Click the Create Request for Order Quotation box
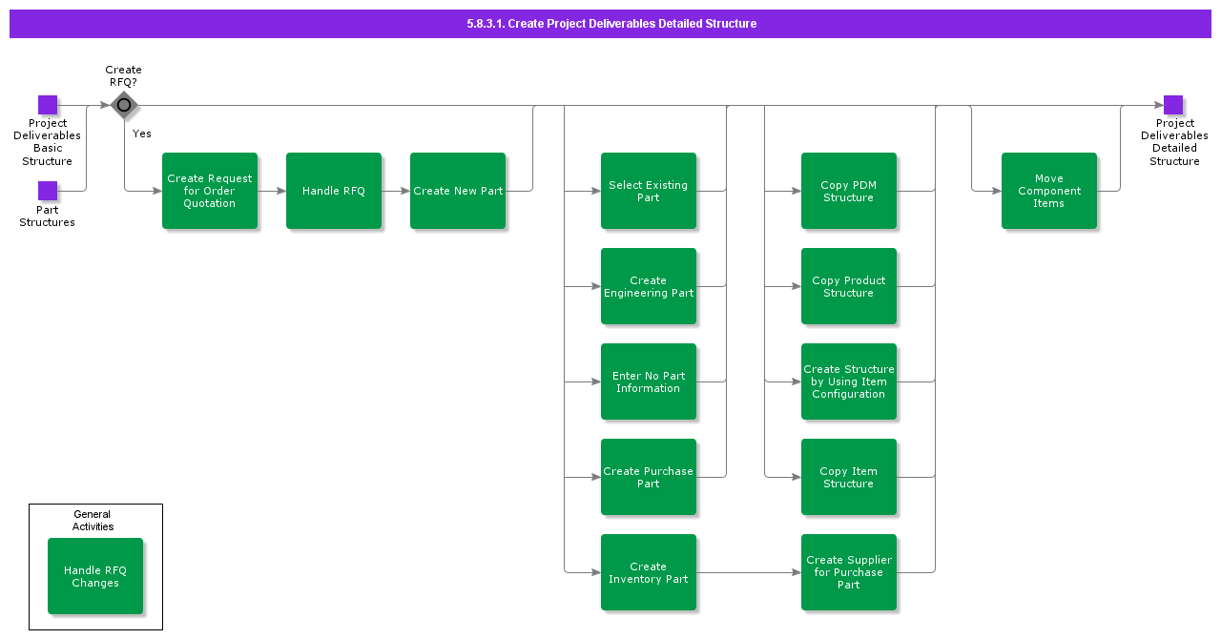point(210,191)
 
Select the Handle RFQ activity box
point(334,191)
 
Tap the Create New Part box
point(458,191)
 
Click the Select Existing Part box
point(649,191)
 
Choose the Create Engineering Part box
point(649,286)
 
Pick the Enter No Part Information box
point(649,381)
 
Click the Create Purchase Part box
point(649,477)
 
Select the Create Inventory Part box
point(649,572)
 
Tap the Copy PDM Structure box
point(849,191)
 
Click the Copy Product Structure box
point(849,286)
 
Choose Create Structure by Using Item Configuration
point(849,381)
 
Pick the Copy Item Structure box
point(849,477)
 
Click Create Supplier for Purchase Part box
point(849,572)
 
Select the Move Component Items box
point(1049,191)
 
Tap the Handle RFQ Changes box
point(95,576)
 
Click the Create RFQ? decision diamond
point(124,105)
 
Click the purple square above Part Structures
point(48,191)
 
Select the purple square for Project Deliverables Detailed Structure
point(1173,105)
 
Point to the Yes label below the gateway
point(142,134)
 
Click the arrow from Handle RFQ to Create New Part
point(396,191)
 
